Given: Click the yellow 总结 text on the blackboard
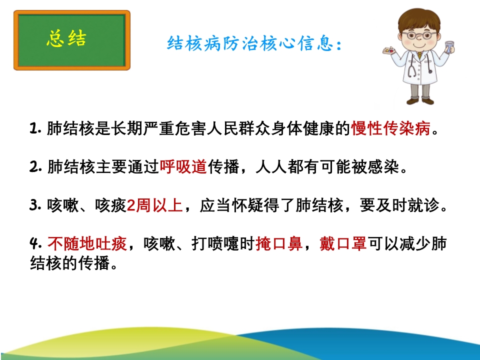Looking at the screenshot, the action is (66, 38).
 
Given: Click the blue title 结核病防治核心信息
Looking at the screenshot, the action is (250, 43).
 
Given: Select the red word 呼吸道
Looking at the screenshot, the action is (183, 167).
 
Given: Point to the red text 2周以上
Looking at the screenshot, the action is (154, 205).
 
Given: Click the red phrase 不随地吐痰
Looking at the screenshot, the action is (87, 244).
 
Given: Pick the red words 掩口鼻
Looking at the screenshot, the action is (279, 244).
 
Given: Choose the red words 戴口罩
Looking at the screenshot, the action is (343, 244).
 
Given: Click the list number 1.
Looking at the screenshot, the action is (35, 128).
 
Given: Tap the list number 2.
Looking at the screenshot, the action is (35, 167).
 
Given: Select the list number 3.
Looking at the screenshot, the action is (35, 205).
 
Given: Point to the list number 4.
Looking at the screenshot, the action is (35, 244).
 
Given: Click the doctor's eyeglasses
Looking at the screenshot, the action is (419, 35).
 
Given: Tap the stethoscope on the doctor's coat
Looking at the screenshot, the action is (420, 64).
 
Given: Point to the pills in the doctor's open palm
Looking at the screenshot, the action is (389, 50).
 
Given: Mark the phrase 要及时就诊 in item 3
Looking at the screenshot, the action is (399, 205).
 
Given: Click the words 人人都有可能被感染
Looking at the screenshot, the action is (327, 167).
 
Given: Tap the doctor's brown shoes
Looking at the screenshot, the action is (420, 100).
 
